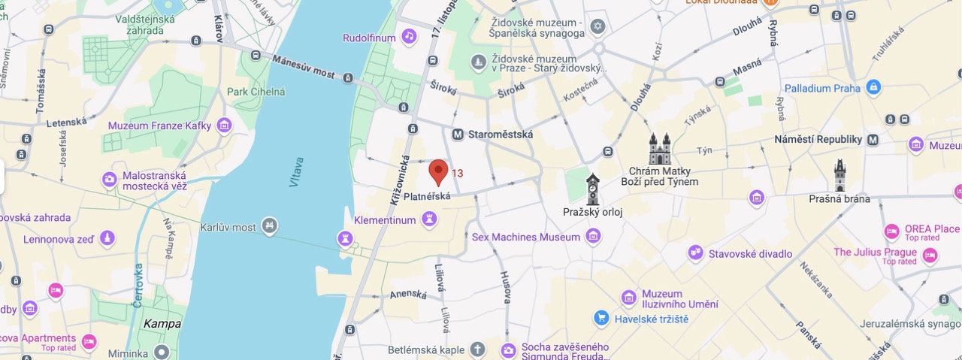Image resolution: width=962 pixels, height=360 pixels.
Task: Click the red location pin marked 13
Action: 438,172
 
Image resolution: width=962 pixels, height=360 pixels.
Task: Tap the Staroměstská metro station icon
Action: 458,135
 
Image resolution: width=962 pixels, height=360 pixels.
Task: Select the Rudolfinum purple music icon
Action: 409,36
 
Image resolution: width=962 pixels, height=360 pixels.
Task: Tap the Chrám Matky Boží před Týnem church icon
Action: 659,150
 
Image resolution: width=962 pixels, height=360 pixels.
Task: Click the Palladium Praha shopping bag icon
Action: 873,88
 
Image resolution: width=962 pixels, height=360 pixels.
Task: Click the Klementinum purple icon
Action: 429,219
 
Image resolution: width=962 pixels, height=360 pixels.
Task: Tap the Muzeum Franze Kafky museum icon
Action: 223,126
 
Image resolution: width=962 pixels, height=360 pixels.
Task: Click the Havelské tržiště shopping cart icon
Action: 600,318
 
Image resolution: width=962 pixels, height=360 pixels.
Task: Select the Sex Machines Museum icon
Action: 594,237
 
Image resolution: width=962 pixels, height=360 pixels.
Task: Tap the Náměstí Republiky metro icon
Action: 873,139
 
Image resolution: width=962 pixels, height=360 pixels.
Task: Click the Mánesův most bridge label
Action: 303,67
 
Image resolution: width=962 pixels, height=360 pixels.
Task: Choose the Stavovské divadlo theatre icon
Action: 695,253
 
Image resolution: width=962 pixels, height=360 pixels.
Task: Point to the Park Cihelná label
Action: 256,92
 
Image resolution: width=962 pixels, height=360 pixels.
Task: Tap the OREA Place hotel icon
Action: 892,231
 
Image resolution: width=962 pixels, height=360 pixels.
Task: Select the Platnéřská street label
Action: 427,197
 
